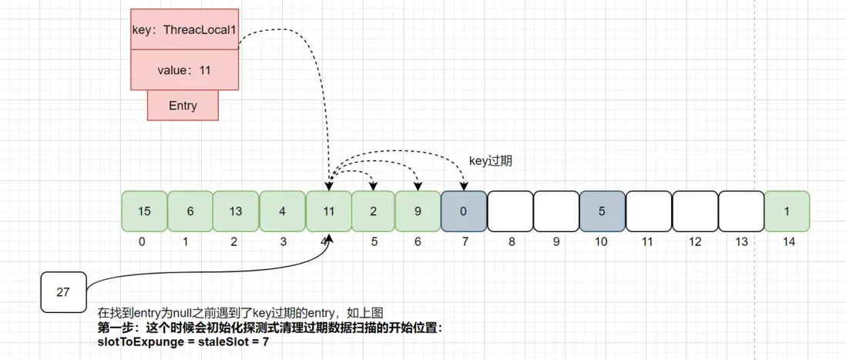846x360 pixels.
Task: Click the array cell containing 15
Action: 144,211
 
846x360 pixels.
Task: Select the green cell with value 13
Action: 236,211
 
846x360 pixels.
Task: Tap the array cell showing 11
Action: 328,211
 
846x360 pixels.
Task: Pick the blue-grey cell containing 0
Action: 464,211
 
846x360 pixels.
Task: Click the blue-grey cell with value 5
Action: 602,211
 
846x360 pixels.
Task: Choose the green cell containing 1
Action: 787,211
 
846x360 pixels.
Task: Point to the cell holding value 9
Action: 418,211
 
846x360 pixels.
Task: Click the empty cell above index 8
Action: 510,211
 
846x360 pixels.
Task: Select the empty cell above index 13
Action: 741,211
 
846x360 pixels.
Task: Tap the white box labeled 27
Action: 63,292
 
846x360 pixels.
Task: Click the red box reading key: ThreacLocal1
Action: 184,30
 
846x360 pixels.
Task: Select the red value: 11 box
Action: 184,70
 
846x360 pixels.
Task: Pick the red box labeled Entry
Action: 183,106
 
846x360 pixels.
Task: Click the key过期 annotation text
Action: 491,161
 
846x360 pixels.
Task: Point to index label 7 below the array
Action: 464,242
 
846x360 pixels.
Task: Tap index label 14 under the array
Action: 787,242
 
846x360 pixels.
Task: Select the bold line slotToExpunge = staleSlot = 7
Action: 183,341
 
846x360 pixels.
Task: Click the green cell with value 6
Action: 190,211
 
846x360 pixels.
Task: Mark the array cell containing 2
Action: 374,211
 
